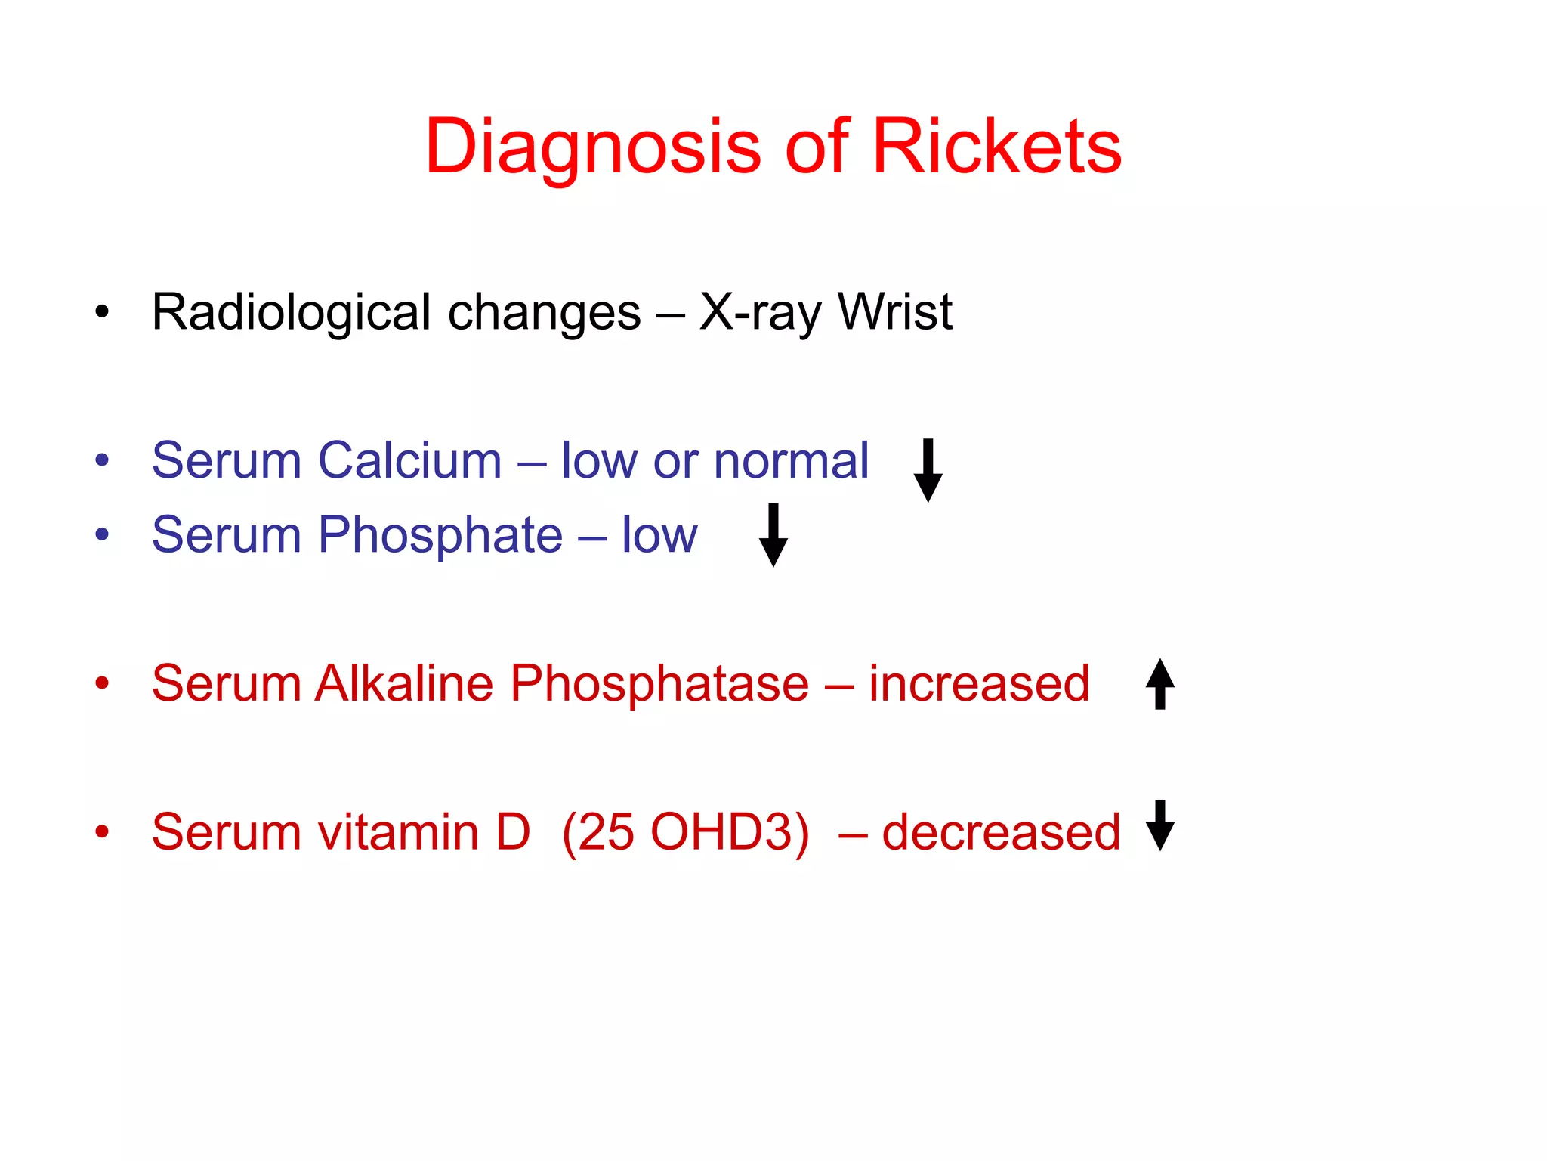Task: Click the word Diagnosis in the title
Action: pos(593,149)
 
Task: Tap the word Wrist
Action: pos(895,311)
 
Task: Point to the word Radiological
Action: pos(291,313)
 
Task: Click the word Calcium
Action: pos(409,460)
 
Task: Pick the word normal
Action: pos(791,460)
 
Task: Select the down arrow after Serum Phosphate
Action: pos(773,534)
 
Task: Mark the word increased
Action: pos(979,683)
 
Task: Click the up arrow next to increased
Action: pos(1159,684)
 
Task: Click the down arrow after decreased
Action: pos(1159,825)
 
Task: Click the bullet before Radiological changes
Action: pos(102,311)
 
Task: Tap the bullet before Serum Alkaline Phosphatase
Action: pos(102,683)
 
